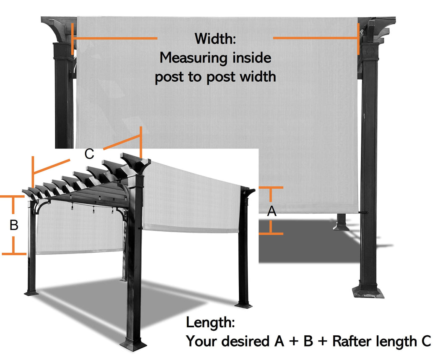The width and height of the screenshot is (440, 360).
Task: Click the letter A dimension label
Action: [x=272, y=212]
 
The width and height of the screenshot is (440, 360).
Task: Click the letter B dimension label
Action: [x=14, y=225]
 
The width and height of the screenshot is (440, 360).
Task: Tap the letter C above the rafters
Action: [x=89, y=154]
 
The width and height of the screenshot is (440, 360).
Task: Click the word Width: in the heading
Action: [x=215, y=39]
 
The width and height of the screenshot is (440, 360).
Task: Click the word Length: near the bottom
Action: [x=210, y=323]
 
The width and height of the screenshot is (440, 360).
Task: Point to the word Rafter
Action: [x=353, y=341]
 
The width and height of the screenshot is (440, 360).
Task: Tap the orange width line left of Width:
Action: [x=115, y=39]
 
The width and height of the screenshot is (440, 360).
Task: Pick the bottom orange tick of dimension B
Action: [x=14, y=253]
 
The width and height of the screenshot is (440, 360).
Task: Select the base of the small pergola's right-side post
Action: [x=243, y=304]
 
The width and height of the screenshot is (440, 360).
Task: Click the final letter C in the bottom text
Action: [x=425, y=341]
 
